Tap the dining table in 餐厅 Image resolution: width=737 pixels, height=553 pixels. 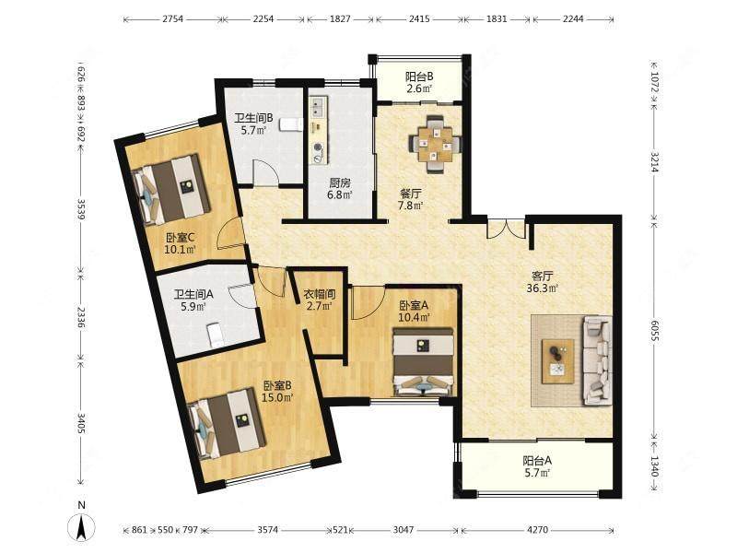(x=435, y=144)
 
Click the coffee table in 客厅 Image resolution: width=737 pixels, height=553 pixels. (x=558, y=361)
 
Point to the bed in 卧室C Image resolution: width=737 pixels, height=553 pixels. (x=171, y=189)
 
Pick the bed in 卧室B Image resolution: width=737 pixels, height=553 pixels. (x=228, y=423)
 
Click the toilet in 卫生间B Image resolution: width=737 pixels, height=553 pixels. (x=290, y=124)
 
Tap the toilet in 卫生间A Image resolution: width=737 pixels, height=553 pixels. (x=216, y=335)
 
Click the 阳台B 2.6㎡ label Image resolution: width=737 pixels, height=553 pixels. (x=419, y=82)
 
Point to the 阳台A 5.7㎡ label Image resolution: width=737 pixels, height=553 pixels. (x=537, y=466)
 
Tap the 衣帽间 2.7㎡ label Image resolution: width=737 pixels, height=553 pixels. (x=319, y=300)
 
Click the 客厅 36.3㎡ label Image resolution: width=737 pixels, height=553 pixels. (x=542, y=282)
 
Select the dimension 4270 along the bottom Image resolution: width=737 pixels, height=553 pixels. (x=537, y=529)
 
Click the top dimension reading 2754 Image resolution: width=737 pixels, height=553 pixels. (x=172, y=19)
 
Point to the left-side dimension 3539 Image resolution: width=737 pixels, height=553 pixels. (x=81, y=209)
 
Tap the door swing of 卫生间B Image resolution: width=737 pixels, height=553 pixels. (x=265, y=173)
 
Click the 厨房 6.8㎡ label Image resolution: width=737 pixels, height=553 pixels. (x=340, y=188)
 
